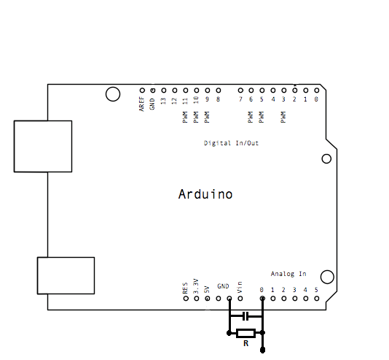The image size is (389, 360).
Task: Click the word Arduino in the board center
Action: pos(205,194)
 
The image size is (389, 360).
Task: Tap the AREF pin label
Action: pos(141,104)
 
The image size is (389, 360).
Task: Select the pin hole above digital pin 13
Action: pos(164,91)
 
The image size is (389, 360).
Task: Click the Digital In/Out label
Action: pos(231,143)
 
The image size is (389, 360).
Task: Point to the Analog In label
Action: pos(288,274)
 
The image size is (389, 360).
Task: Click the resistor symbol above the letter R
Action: pos(245,333)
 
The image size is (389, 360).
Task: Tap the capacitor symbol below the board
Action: pos(245,316)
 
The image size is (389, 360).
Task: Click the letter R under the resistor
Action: pos(245,343)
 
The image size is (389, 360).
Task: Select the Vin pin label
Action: pos(240,288)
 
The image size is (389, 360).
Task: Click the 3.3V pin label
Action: pos(196,286)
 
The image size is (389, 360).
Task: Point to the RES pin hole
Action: pos(186,299)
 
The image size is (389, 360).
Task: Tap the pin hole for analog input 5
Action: pos(317,299)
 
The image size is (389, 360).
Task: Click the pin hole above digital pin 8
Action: pos(219,91)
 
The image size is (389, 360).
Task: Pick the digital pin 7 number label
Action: pos(240,99)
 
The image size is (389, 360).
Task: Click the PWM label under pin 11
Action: pos(185,117)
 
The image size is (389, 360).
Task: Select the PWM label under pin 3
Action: pos(283,117)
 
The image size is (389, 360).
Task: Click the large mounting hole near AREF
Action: pos(113,94)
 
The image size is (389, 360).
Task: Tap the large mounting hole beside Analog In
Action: pos(327,277)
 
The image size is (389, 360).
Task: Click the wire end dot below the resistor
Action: pos(262,351)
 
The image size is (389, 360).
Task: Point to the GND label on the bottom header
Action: pos(223,286)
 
